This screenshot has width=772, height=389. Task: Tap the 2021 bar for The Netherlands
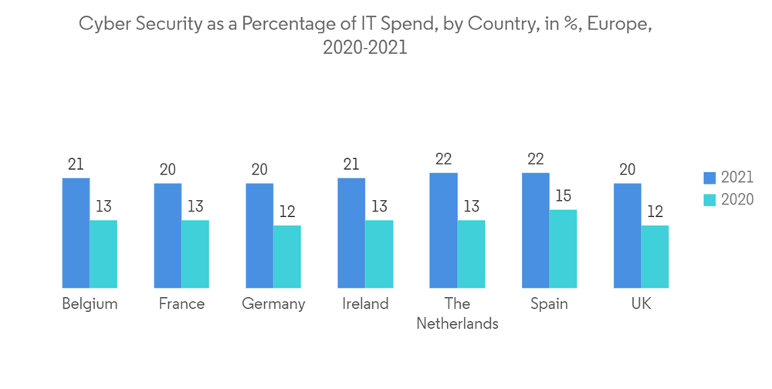[x=443, y=230]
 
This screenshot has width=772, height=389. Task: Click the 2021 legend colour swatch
[x=710, y=178]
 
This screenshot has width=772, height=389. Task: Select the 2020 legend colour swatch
[x=710, y=199]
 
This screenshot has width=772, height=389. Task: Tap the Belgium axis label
[x=90, y=303]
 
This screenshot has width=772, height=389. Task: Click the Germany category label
[x=273, y=303]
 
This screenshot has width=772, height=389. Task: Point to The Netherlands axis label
[x=457, y=313]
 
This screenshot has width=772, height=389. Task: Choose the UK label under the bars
[x=641, y=303]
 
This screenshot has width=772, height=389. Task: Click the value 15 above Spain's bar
[x=563, y=196]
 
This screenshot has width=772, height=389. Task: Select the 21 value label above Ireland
[x=351, y=164]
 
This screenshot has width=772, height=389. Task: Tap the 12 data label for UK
[x=655, y=211]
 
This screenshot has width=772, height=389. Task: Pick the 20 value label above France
[x=168, y=169]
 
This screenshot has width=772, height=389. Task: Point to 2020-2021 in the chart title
[x=364, y=48]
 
